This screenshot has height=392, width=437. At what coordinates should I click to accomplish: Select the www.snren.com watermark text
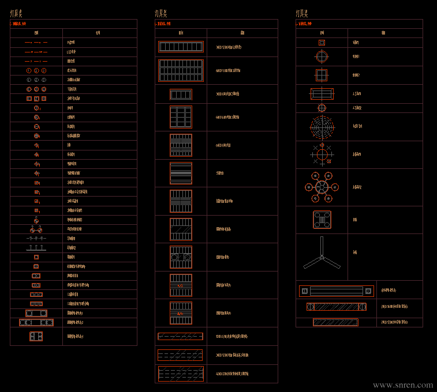[x=402, y=385]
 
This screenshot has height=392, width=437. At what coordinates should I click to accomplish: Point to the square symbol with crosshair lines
[x=322, y=75]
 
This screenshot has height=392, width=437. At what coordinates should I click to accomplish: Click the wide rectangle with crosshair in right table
[x=322, y=94]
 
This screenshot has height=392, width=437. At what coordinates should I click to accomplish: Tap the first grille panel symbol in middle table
[x=181, y=47]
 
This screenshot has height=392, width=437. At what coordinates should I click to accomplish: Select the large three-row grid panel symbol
[x=181, y=70]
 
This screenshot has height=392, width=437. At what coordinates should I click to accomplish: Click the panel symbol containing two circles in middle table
[x=181, y=257]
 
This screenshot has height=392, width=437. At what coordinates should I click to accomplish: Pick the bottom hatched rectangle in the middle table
[x=181, y=374]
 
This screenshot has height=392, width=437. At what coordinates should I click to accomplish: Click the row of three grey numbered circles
[x=36, y=80]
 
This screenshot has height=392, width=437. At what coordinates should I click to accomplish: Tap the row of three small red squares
[x=36, y=99]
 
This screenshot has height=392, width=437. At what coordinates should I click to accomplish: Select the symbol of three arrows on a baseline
[x=36, y=248]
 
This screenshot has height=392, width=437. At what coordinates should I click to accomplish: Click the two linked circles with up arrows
[x=36, y=229]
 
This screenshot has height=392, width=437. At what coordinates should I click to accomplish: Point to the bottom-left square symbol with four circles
[x=36, y=336]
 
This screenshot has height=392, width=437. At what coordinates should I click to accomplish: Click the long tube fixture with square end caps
[x=336, y=291]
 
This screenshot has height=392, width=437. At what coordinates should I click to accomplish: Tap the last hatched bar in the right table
[x=335, y=322]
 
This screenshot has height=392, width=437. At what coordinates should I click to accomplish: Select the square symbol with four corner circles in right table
[x=322, y=220]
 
